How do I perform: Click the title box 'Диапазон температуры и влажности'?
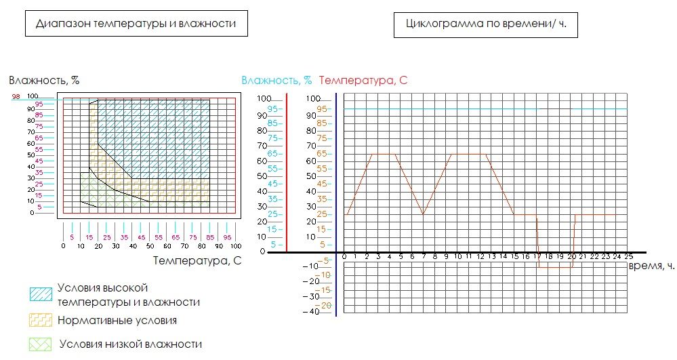point(136,23)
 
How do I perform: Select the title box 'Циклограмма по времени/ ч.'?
point(485,24)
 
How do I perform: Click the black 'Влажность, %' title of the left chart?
point(44,80)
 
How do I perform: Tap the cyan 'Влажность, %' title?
point(276,80)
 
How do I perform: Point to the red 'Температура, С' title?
point(363,80)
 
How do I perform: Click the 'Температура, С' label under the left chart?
point(198,260)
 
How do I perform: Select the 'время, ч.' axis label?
point(651,266)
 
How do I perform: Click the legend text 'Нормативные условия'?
point(117,320)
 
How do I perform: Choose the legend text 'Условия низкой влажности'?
point(130,344)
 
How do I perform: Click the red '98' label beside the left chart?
point(16,97)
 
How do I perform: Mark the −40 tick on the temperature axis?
point(311,312)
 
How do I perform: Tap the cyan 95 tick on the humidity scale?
point(273,108)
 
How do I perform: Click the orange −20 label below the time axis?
point(325,305)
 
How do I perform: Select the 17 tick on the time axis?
point(537,256)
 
